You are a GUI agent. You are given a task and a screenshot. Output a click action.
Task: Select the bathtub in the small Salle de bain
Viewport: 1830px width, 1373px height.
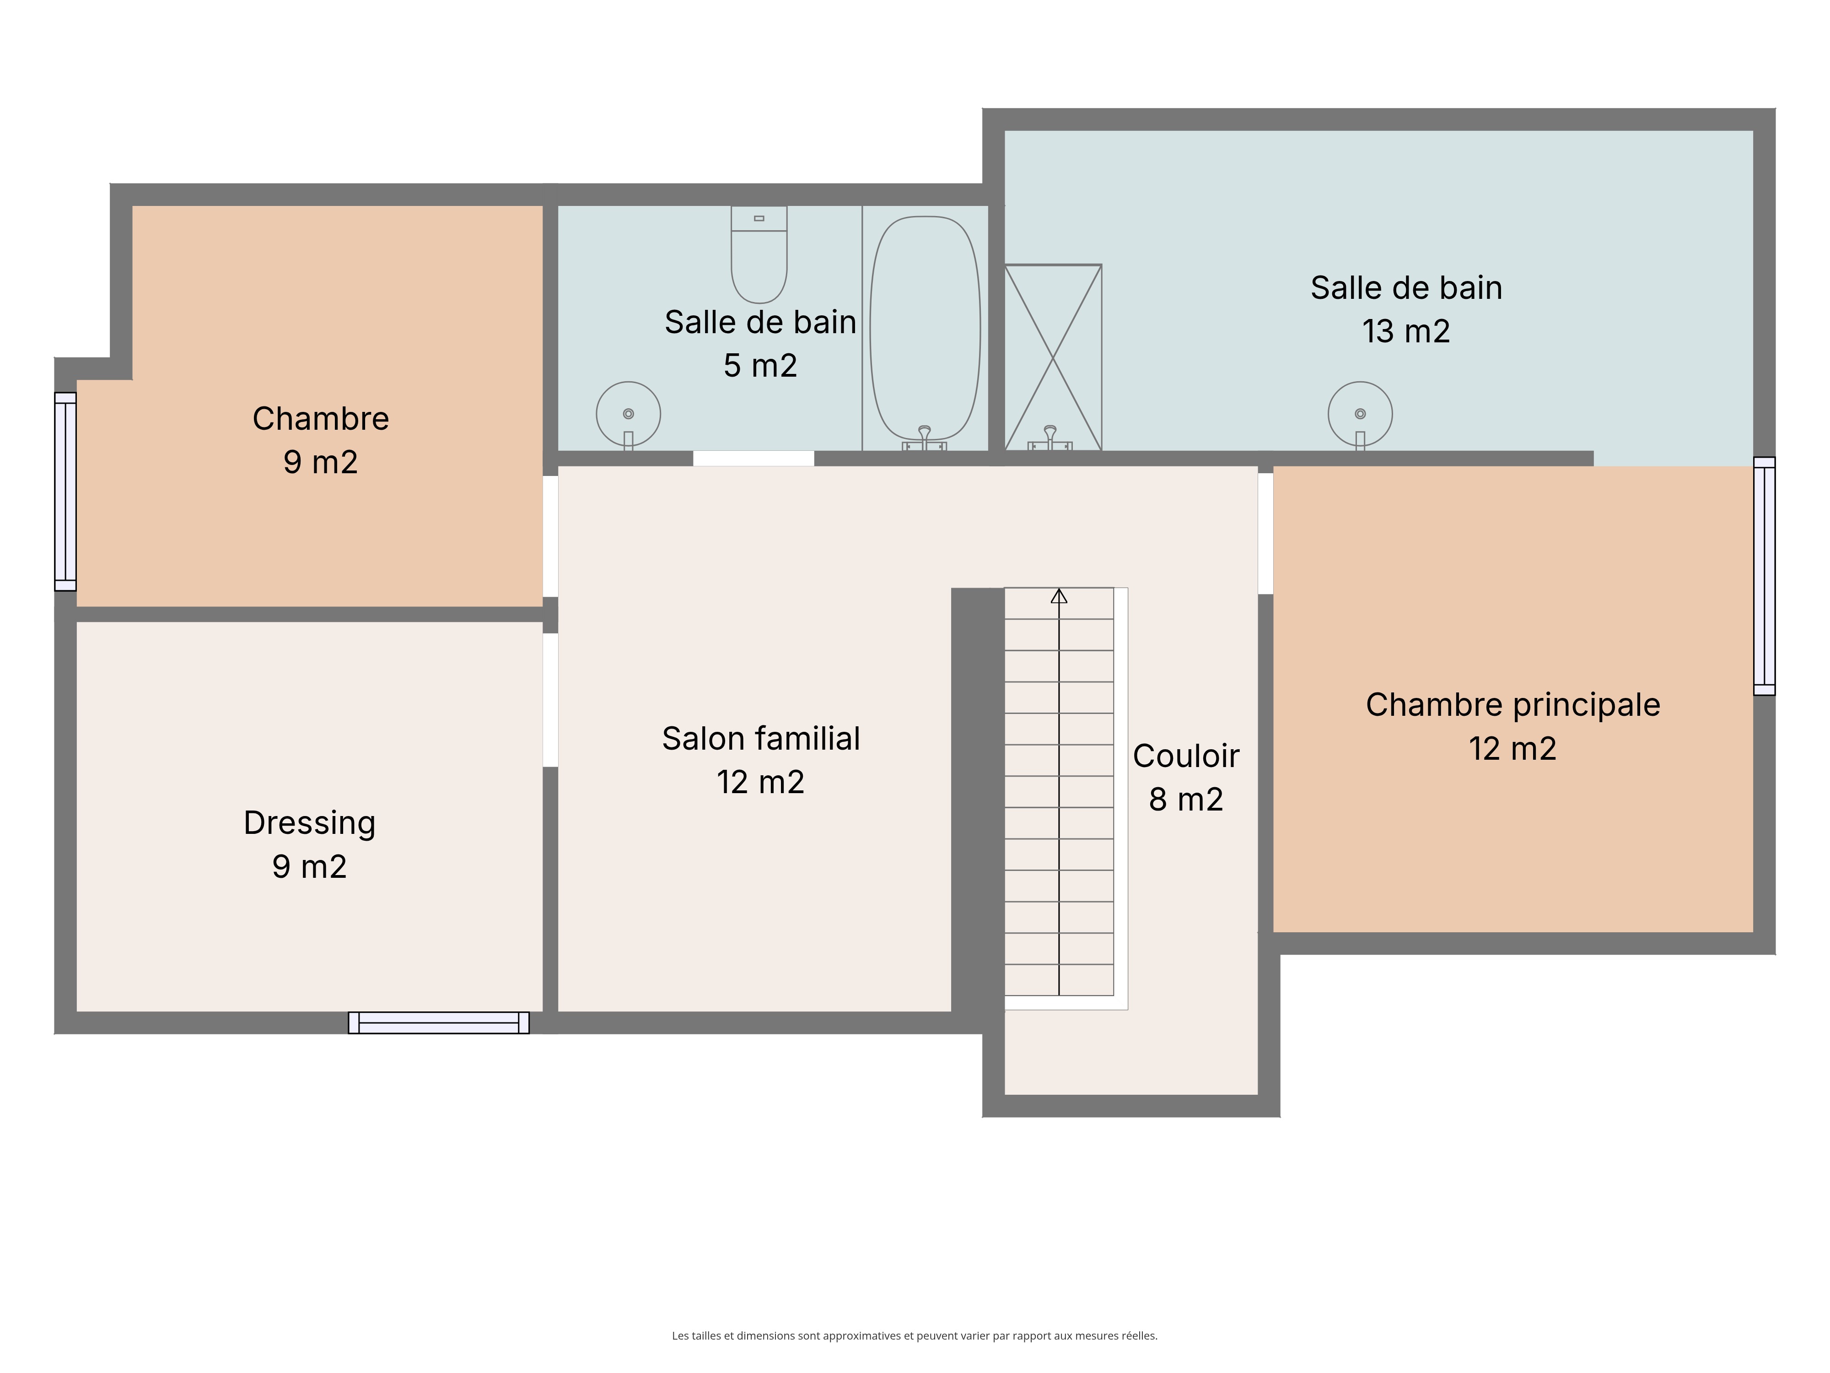(925, 330)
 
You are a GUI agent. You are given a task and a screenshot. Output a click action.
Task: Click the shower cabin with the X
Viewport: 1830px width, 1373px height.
(1053, 357)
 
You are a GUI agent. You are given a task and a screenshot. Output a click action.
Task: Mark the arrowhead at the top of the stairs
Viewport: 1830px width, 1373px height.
(1059, 596)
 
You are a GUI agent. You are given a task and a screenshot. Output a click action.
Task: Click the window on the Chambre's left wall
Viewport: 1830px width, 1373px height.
(65, 492)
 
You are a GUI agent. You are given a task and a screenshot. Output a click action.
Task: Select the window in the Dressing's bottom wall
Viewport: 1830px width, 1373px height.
(438, 1023)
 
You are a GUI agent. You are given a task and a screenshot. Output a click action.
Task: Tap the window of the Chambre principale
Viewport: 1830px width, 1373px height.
(1765, 576)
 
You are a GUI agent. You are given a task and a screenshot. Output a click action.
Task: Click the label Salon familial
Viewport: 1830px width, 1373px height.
(761, 738)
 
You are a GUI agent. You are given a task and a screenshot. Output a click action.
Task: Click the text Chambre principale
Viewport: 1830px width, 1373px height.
(1513, 705)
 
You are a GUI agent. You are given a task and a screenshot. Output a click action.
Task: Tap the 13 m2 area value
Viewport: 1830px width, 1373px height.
(1406, 331)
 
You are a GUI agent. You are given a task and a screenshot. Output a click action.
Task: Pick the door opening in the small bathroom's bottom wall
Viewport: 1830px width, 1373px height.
(754, 459)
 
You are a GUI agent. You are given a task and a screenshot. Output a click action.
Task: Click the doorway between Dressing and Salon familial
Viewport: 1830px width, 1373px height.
(550, 700)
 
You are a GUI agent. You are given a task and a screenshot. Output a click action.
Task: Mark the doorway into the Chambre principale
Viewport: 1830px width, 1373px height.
(1266, 534)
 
